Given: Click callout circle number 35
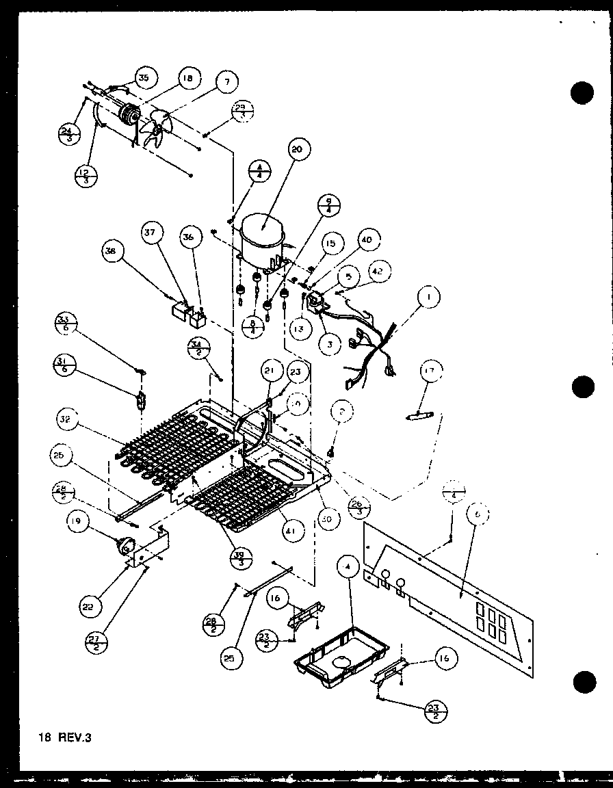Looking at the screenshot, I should [x=144, y=78].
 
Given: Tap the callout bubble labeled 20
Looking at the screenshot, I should [x=300, y=150].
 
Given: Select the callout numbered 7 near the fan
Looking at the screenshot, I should [x=226, y=82].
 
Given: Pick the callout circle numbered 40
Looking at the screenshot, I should [x=367, y=240].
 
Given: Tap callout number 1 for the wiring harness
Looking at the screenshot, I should [x=428, y=298].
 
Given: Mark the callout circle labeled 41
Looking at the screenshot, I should [x=295, y=531].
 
